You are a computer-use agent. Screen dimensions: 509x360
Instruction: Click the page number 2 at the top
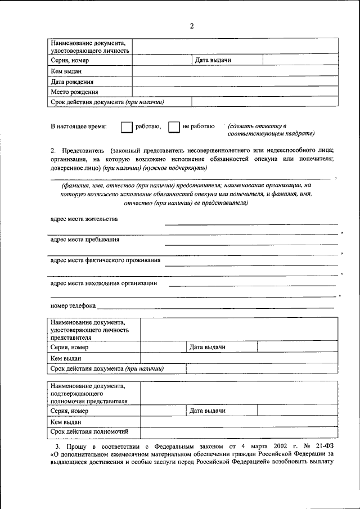192,26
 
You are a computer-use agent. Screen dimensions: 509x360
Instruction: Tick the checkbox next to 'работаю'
127,127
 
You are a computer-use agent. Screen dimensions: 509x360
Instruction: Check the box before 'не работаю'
174,127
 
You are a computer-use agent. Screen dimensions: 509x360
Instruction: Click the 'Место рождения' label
74,92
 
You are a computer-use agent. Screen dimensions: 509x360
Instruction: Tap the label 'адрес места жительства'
84,219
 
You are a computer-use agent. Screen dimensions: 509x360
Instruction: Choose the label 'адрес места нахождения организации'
103,283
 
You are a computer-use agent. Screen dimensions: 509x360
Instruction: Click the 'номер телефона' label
73,306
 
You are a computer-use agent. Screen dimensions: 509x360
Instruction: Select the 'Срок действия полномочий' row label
89,431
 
